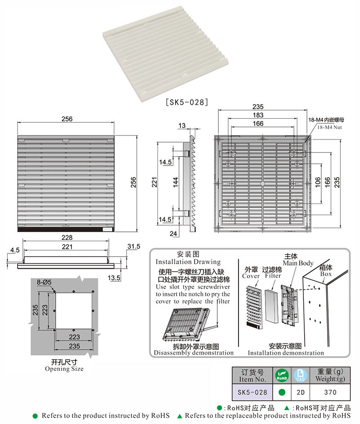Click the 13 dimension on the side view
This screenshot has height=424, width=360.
(182, 126)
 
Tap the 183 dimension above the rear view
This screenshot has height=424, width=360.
(258, 115)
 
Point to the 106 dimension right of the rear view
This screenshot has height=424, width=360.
(318, 181)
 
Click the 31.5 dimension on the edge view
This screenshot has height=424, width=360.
(134, 246)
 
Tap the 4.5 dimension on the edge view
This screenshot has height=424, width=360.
(14, 249)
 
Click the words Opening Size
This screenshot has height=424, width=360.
(64, 369)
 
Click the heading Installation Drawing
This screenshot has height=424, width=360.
(188, 262)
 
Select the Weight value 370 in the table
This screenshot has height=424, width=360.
(330, 392)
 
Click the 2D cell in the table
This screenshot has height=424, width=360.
(300, 392)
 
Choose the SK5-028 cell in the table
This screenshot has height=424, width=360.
(252, 392)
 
